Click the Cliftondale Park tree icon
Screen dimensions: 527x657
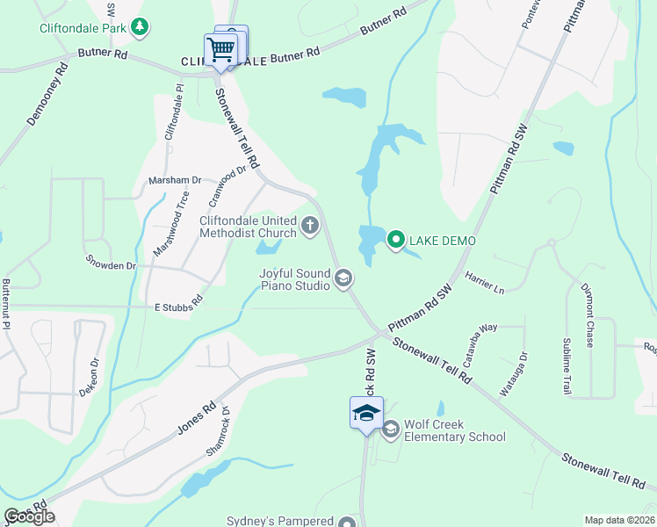click(x=140, y=27)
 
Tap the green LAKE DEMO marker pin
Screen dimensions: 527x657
click(x=395, y=239)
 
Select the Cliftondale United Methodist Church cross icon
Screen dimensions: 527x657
click(x=309, y=227)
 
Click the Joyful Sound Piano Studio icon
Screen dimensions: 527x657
click(x=343, y=279)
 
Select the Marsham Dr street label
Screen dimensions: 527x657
click(x=175, y=180)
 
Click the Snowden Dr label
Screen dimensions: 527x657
click(x=111, y=264)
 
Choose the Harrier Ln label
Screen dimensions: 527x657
click(x=485, y=281)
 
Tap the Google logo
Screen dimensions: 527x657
click(x=29, y=516)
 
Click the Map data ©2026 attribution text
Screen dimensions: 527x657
click(x=619, y=520)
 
